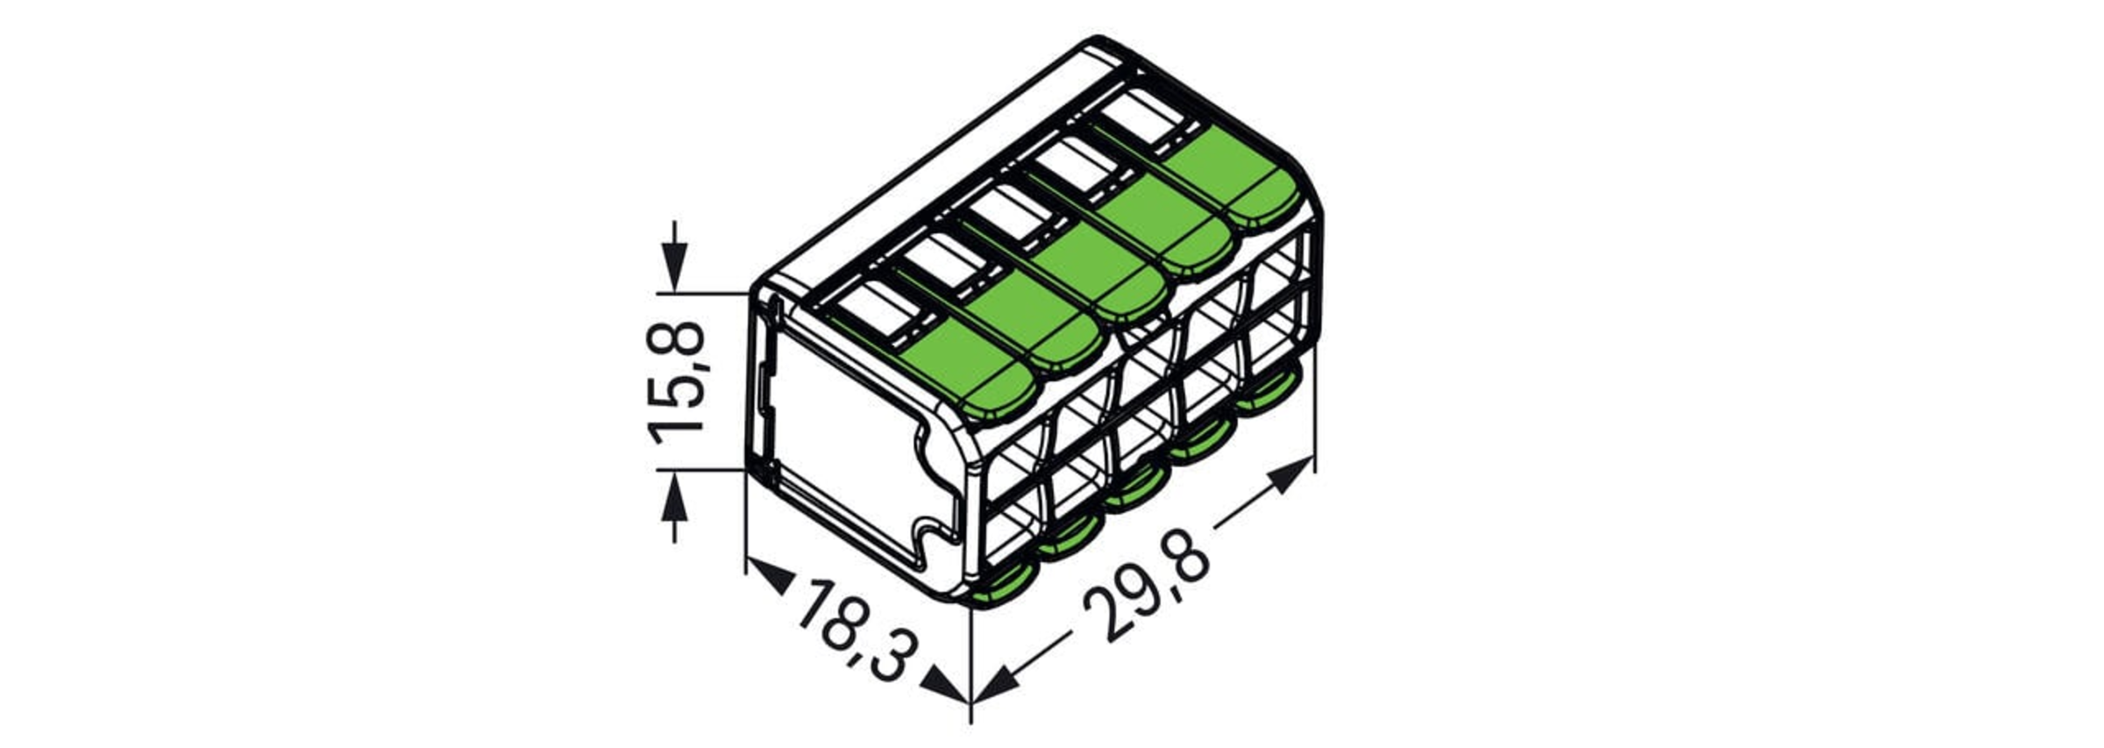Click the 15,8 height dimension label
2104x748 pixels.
(x=677, y=382)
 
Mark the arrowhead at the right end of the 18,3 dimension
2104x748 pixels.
(x=949, y=685)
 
